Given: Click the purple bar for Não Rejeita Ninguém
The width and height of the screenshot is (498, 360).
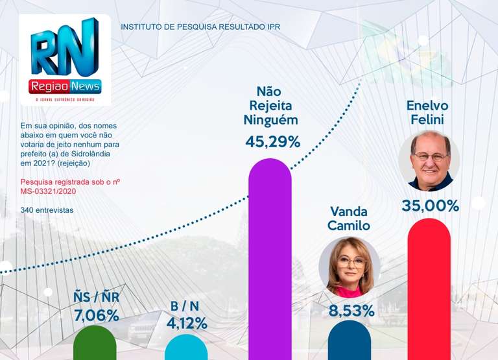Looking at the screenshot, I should (x=270, y=259).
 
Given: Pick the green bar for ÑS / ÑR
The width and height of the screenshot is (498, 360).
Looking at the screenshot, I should (x=95, y=344).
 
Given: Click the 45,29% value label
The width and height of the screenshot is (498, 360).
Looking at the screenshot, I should (x=272, y=141).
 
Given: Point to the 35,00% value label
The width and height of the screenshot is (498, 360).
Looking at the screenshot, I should (x=430, y=206).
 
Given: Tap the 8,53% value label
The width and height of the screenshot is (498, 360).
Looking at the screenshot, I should (x=351, y=310).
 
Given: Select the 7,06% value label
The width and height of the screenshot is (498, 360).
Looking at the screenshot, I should (x=96, y=315).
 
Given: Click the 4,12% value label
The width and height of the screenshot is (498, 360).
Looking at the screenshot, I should (x=187, y=322).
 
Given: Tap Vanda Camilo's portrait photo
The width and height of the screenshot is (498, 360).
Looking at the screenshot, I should (x=350, y=267).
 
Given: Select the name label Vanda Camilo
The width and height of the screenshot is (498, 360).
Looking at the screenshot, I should (x=350, y=219).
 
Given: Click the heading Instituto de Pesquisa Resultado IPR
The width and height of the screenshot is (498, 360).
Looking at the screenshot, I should (x=200, y=27).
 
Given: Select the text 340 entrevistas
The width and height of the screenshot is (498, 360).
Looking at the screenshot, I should (x=47, y=210).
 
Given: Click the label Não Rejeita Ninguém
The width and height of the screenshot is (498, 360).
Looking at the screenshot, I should (x=270, y=105).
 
